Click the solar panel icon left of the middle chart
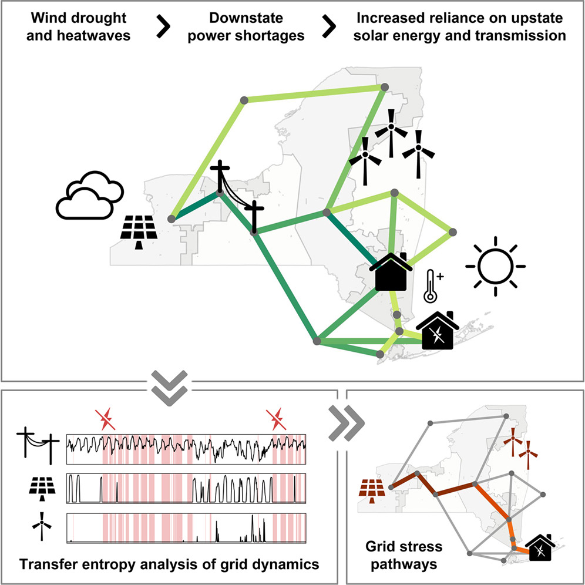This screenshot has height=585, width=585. point(41,488)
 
